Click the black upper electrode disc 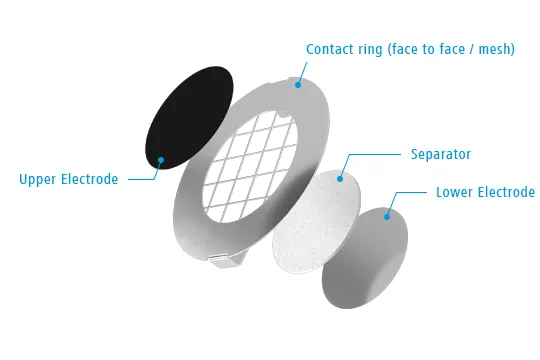tap(189, 118)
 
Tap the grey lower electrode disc tap(365, 258)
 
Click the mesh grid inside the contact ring tap(250, 166)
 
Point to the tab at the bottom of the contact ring tap(226, 260)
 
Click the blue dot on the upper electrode tap(161, 160)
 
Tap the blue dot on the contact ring tap(298, 84)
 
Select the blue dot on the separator tap(340, 179)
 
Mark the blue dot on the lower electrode tap(387, 217)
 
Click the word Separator tap(441, 154)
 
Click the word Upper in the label tap(37, 179)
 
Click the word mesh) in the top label tap(497, 50)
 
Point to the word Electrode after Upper tap(90, 179)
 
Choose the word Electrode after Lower tap(507, 192)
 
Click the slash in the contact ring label tap(470, 50)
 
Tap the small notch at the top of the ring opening tap(282, 114)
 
